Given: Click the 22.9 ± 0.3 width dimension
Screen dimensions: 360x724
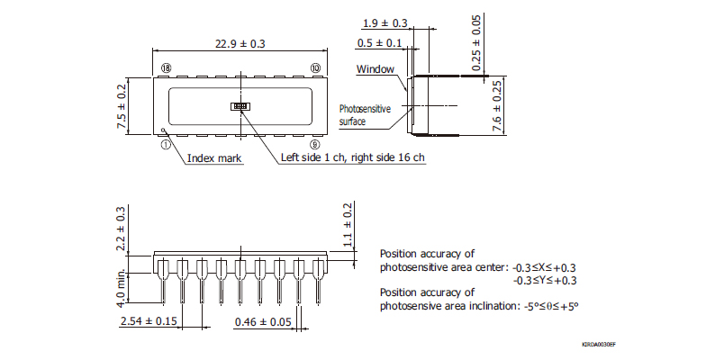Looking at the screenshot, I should [240, 43].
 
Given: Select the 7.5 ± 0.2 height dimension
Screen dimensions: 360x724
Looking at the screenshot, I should [122, 106].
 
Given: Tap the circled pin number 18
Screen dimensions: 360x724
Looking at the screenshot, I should [166, 68].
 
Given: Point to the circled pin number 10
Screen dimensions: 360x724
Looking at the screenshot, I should [314, 68].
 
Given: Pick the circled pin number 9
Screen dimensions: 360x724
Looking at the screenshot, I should [314, 143].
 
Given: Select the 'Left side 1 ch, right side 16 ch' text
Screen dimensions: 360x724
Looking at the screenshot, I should [352, 158].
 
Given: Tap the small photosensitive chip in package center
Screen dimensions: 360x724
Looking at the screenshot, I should [240, 106].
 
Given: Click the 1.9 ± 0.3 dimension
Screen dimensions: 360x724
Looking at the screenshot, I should [385, 23].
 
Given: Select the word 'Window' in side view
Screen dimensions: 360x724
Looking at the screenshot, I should [376, 69].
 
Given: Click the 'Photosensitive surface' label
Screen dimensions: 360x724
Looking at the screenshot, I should [365, 114].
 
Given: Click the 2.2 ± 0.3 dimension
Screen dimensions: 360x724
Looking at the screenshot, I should [122, 229].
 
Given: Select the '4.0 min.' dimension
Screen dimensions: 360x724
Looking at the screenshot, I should [122, 286].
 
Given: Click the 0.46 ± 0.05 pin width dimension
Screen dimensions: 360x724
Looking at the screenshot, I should [263, 321].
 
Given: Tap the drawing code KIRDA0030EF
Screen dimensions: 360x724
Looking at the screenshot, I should [604, 344].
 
